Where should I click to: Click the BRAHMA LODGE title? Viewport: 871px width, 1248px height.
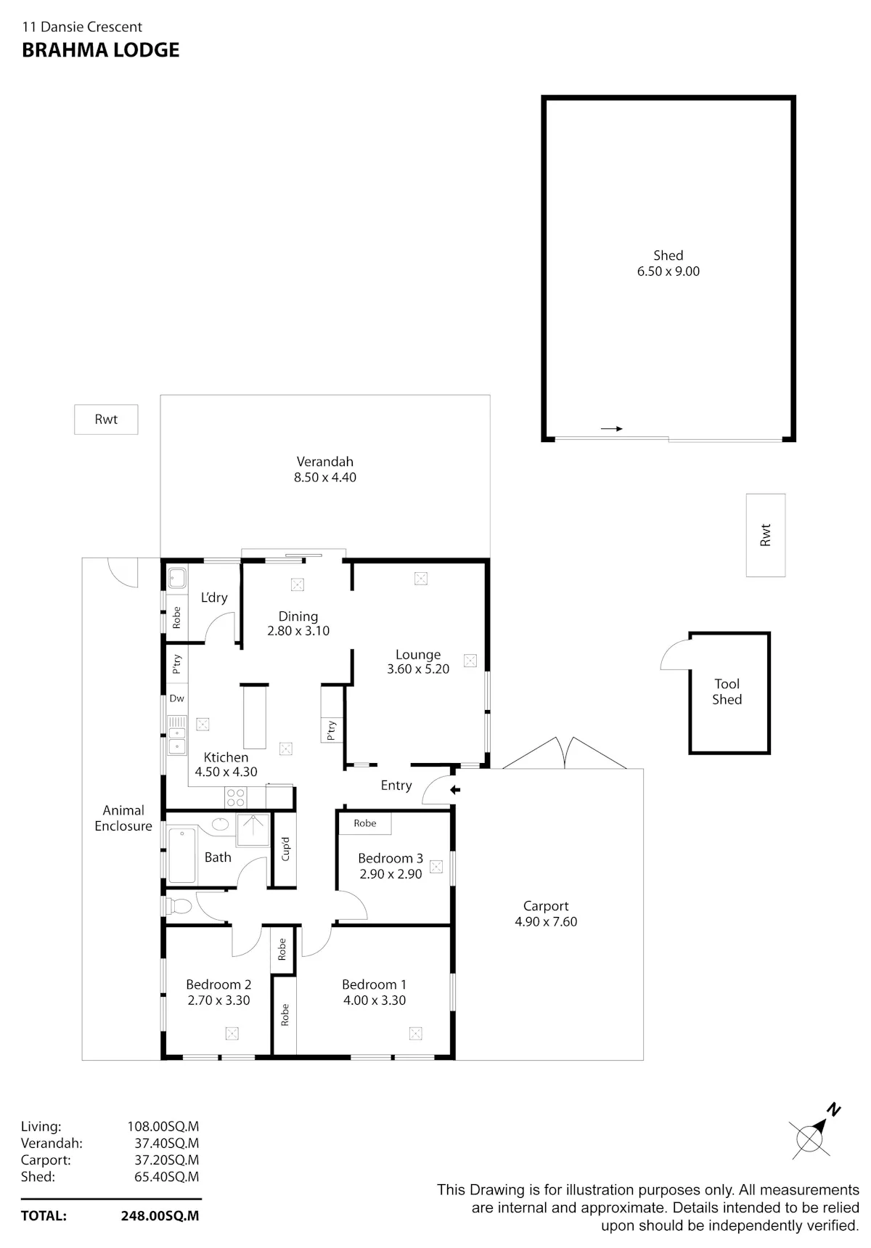[x=100, y=50]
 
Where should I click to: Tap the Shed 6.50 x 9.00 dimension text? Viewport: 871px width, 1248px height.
[x=668, y=272]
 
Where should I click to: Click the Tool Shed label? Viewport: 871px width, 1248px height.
[x=727, y=691]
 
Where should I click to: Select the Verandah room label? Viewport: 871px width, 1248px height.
[x=324, y=462]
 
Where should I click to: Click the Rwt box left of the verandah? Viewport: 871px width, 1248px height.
[x=106, y=420]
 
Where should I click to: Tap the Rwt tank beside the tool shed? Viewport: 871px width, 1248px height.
[x=766, y=535]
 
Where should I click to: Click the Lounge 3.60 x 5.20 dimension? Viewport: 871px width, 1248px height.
[x=418, y=669]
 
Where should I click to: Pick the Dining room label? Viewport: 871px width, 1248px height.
[x=298, y=616]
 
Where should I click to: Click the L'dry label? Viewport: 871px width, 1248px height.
[x=214, y=598]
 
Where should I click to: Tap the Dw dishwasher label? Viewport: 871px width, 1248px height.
[x=176, y=698]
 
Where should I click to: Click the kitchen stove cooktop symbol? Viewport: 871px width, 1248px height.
[x=236, y=797]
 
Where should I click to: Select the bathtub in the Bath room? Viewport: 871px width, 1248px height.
[x=181, y=856]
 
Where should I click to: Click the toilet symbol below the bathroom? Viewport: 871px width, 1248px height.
[x=178, y=906]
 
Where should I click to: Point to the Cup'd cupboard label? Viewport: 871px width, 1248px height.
[x=285, y=849]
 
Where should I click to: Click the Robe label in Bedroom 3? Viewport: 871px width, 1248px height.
[x=365, y=823]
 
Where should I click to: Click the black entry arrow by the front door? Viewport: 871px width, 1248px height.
[x=455, y=790]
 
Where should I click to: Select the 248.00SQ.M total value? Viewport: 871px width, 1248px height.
[x=160, y=1216]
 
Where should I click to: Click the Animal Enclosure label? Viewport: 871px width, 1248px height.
[x=123, y=818]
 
